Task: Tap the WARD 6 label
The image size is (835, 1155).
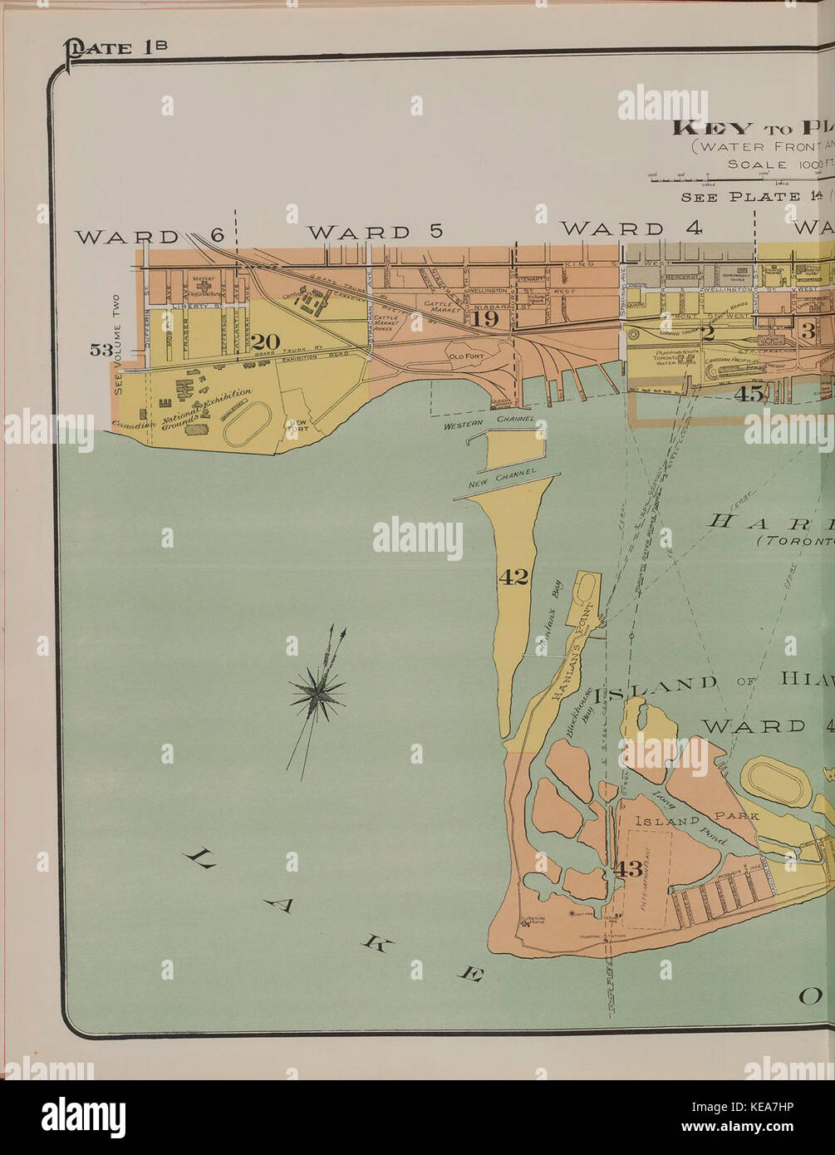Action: [x=150, y=236]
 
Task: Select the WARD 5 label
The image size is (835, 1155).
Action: [x=376, y=232]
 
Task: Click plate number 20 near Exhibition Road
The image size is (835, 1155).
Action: [x=267, y=342]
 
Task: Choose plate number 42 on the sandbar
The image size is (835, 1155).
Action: [x=513, y=577]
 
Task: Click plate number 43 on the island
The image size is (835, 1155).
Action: [x=628, y=869]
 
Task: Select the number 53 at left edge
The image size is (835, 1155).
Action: [x=101, y=350]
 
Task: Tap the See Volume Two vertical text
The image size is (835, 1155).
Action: [x=116, y=344]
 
